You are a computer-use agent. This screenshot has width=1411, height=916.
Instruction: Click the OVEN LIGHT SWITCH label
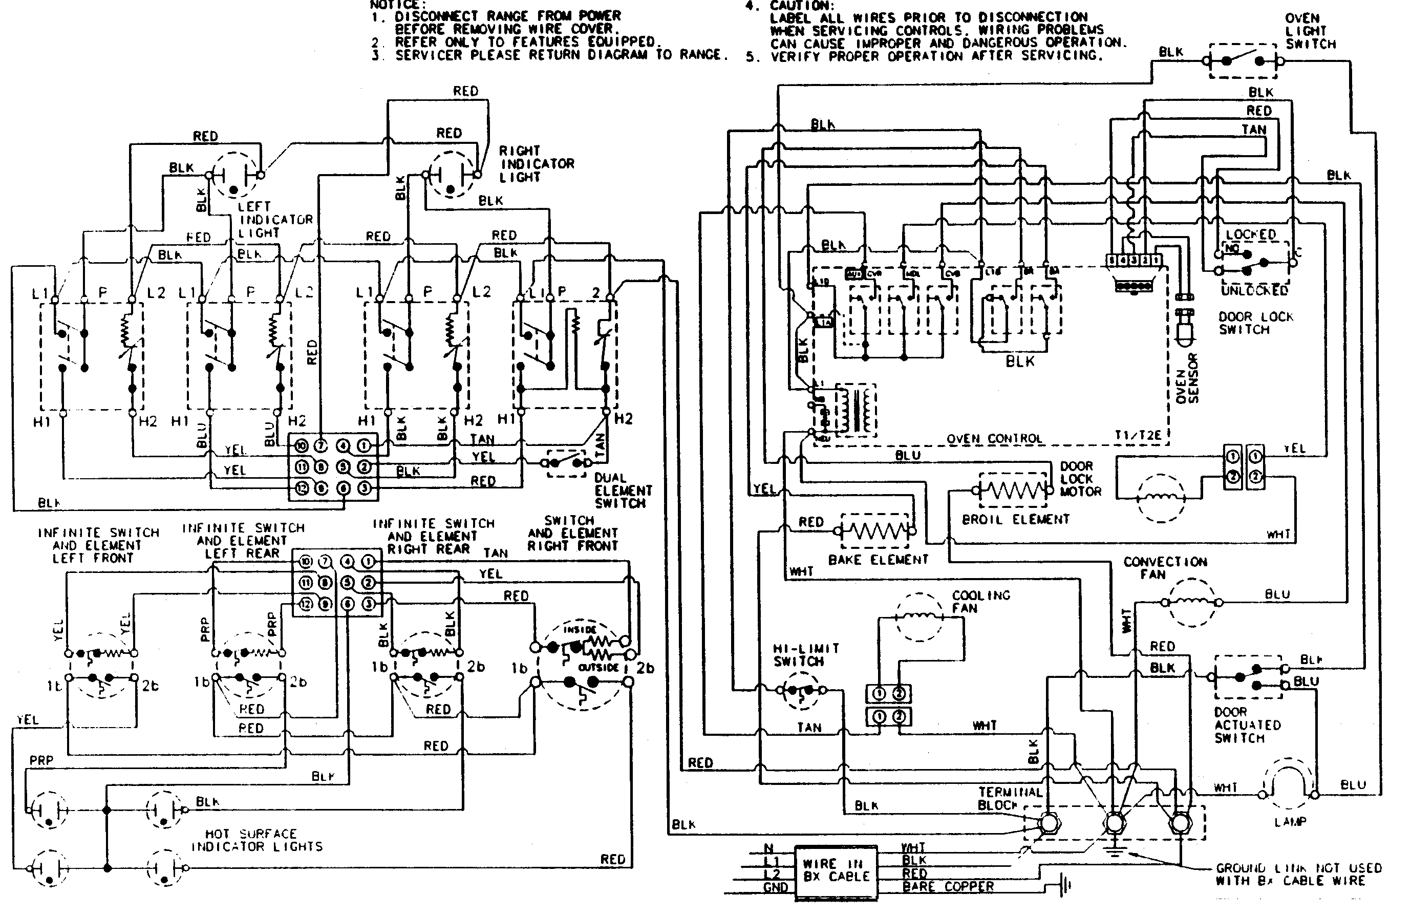(1310, 31)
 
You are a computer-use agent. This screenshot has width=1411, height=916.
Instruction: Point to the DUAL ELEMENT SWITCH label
(623, 491)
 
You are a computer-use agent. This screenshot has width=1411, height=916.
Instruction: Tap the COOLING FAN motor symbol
(919, 616)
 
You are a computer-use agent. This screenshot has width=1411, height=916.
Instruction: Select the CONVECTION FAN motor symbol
(1192, 602)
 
